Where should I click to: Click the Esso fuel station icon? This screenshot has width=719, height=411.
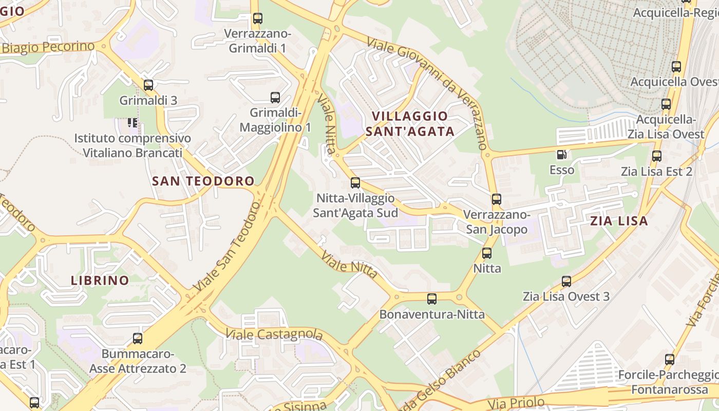pos(562,154)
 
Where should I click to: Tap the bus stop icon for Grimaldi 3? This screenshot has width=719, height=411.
pos(148,85)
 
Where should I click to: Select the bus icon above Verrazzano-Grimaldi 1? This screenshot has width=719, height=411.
pos(258,19)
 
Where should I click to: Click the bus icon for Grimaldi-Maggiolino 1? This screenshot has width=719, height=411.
pos(275,97)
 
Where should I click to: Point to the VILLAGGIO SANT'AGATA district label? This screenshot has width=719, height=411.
pos(410,123)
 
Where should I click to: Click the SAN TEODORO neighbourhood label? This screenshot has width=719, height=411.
pos(203,181)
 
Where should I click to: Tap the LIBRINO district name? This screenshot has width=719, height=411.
pos(100,281)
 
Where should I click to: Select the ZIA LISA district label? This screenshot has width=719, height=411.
pos(619,221)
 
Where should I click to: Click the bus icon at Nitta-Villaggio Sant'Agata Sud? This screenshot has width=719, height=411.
pos(355,183)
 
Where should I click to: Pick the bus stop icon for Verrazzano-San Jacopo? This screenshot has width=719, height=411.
pos(496,199)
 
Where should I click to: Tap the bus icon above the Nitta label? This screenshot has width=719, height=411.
pos(487,253)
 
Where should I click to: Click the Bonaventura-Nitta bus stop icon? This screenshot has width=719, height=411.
pos(432,299)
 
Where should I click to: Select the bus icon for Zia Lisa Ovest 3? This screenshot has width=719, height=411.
pos(566,282)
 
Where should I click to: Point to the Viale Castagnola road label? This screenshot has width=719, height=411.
pos(274,335)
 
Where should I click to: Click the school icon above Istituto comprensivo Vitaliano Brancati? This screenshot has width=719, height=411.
pos(133,123)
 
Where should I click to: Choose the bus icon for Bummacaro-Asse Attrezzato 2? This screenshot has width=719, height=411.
pos(138,339)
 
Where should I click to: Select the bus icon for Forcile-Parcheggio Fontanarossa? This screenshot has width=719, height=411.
pos(670,360)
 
